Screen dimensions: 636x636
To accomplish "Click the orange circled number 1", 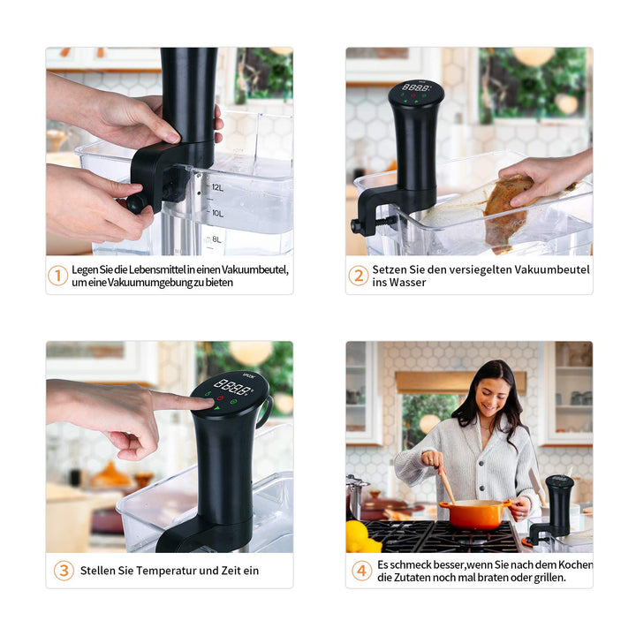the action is tap(57, 276).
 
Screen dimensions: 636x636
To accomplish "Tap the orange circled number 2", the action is tap(359, 276).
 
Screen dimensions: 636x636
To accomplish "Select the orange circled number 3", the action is tap(64, 571).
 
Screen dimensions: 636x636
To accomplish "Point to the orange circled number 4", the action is tap(361, 571).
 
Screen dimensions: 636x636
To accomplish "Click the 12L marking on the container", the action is tap(218, 188).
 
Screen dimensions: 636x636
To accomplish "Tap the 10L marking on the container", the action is tap(218, 214).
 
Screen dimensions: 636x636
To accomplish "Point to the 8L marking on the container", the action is tap(217, 239).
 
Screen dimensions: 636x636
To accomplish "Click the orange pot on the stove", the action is tap(475, 514).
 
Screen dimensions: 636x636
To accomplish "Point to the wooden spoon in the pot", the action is tap(447, 485).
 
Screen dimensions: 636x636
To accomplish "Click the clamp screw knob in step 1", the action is tap(136, 203).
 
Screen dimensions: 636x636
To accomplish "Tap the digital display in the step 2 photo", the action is tap(416, 87).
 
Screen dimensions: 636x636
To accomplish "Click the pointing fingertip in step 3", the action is tap(208, 403).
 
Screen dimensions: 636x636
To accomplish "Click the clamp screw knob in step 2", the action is tap(356, 225).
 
